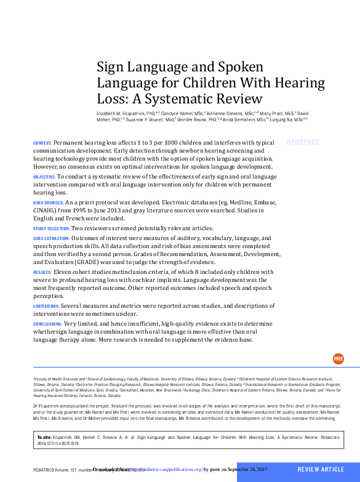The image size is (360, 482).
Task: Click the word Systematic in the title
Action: point(187,97)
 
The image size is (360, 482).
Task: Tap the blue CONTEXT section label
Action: point(42,143)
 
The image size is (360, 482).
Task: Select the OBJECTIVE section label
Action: point(44,177)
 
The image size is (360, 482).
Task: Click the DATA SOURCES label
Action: point(48,203)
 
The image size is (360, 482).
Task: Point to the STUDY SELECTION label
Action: point(50,228)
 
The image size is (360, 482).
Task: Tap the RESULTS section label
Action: point(42,271)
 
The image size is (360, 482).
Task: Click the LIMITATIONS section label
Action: point(46,306)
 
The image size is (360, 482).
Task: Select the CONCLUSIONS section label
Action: point(47,324)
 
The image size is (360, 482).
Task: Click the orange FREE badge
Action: point(338,359)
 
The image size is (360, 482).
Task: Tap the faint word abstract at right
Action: point(303,142)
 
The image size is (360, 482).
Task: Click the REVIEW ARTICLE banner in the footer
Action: point(321,470)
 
